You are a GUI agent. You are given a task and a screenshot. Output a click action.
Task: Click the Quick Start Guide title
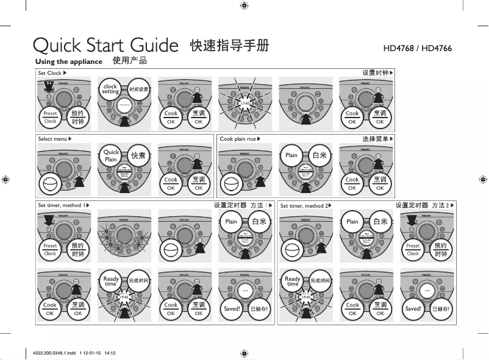coord(104,46)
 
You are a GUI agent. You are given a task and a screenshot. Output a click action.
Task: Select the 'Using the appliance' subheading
coord(68,62)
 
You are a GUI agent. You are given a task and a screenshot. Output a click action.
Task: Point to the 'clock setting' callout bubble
coord(110,90)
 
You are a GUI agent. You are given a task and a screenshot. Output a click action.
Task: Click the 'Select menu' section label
coord(53,139)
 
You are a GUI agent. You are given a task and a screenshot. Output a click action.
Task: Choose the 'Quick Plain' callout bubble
coord(111,155)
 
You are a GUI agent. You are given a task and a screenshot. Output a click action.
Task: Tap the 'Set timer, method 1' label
coord(63,206)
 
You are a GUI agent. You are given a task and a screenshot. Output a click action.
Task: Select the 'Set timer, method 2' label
coord(305,206)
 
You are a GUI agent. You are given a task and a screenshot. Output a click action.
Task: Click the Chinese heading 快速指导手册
coord(229,46)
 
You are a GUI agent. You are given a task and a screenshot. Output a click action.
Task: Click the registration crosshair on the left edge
coord(5,180)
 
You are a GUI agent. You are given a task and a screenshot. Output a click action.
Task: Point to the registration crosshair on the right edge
coord(483,180)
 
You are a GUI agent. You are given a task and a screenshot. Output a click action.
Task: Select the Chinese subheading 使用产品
coord(130,62)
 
